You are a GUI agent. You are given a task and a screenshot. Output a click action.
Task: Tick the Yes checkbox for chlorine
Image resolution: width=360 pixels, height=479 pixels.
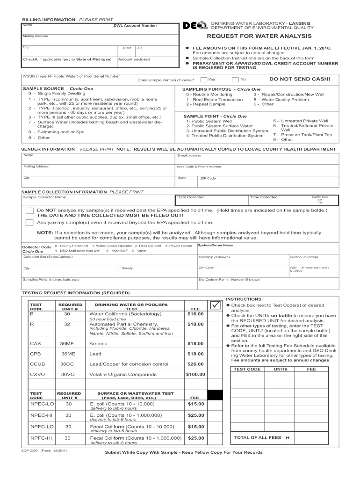[203, 80]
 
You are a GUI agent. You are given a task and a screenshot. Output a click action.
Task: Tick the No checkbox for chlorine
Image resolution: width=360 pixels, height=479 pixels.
[236, 80]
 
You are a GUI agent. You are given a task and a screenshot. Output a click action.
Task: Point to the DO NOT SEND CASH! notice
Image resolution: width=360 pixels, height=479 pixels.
[296, 79]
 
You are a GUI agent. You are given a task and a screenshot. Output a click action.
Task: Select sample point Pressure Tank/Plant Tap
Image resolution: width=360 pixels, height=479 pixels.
[302, 135]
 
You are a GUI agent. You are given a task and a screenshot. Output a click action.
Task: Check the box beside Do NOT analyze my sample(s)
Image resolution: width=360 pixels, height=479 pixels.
[29, 210]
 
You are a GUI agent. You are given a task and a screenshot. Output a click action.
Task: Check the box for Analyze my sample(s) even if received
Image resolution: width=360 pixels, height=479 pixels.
[29, 223]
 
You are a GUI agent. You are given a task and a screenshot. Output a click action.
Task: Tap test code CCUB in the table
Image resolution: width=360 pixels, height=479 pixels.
[37, 364]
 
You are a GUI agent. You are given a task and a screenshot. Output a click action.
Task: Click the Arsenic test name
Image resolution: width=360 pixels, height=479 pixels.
[98, 343]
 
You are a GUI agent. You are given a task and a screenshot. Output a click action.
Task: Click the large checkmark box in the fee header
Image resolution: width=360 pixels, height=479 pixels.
[215, 305]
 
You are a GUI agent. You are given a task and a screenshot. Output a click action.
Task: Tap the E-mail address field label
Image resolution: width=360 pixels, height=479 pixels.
[189, 155]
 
